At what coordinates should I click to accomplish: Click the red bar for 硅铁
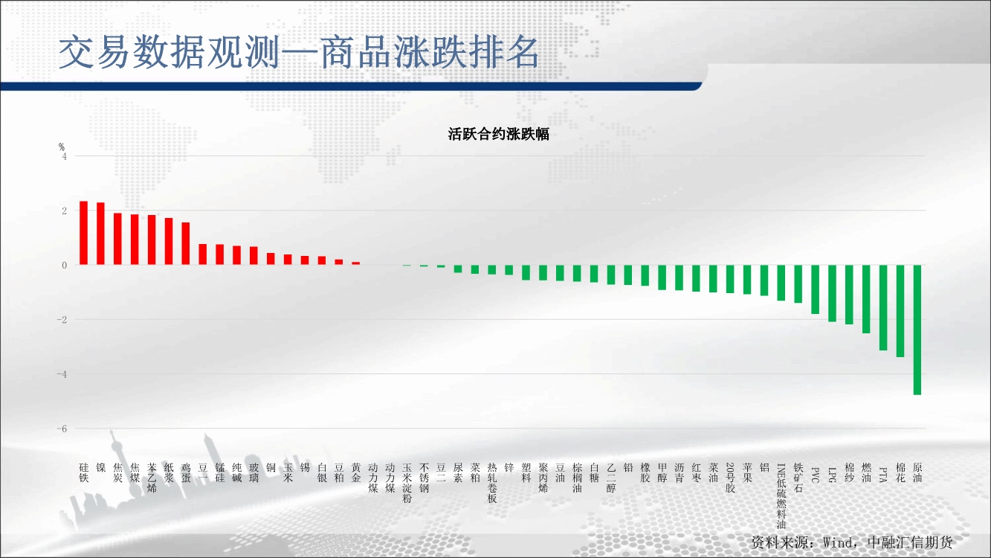tap(83, 233)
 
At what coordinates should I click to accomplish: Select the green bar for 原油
tap(917, 330)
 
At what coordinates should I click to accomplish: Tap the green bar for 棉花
tap(900, 311)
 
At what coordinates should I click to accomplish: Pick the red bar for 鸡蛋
tap(186, 243)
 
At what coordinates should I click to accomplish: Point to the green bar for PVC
tap(815, 289)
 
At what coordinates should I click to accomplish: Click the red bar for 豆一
tap(203, 254)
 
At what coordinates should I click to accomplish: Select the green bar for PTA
tap(883, 308)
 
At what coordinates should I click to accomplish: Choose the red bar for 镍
tap(101, 234)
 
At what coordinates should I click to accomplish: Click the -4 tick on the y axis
tap(62, 374)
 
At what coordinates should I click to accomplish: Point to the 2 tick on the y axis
tap(65, 211)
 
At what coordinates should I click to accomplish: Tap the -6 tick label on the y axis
tap(62, 429)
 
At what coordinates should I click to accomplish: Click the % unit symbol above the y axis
tap(62, 147)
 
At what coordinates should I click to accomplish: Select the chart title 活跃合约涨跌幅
tap(499, 134)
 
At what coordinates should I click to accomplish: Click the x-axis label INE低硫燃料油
tap(781, 496)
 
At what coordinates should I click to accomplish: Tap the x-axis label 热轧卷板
tap(492, 483)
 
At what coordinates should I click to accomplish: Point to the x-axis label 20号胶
tap(730, 478)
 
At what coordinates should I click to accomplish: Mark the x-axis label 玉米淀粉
tap(407, 483)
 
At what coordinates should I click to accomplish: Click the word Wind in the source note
tap(838, 542)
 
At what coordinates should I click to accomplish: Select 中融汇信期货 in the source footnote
tap(910, 542)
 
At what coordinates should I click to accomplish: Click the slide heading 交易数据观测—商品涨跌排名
tap(299, 52)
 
